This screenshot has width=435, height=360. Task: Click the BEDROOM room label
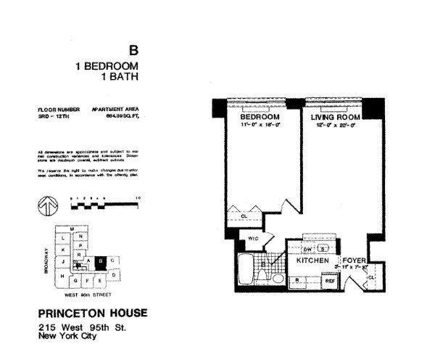click(x=259, y=117)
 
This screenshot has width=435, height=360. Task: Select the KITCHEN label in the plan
click(x=313, y=260)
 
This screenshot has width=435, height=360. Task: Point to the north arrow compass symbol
click(x=45, y=208)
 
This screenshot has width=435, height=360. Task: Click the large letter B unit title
click(x=133, y=51)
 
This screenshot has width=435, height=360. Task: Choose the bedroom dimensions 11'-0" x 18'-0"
click(x=259, y=125)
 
